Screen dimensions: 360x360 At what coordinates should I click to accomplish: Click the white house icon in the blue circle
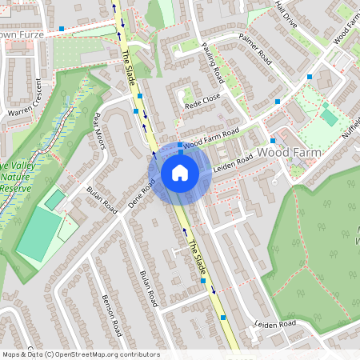pos(180,172)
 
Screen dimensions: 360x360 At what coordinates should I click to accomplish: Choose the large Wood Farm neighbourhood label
pos(288,152)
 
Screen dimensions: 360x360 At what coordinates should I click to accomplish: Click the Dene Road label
pos(142,195)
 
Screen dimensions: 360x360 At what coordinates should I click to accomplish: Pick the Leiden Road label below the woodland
pos(274,324)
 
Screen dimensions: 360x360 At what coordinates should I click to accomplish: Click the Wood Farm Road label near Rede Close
pos(211,138)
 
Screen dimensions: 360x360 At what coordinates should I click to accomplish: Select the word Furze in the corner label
pos(29,35)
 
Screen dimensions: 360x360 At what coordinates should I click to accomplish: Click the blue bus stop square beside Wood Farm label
pos(278,102)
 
